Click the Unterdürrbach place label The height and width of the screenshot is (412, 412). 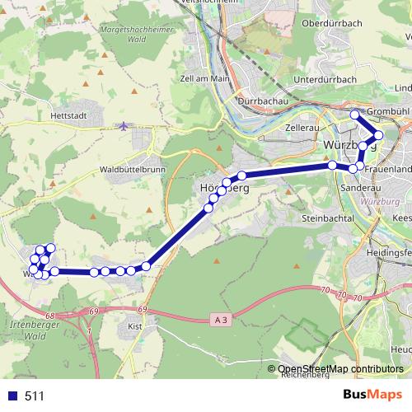coord(323,80)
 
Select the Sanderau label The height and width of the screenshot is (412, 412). coord(357,187)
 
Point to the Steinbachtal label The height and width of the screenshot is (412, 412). coord(327,218)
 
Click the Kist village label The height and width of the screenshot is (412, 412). coord(136,326)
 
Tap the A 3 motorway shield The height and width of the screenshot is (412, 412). coord(218,318)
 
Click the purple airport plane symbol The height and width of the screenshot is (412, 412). coord(124,127)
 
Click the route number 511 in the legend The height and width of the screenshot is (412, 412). coord(34,396)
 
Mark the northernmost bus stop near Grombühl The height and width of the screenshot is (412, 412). coord(354,115)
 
